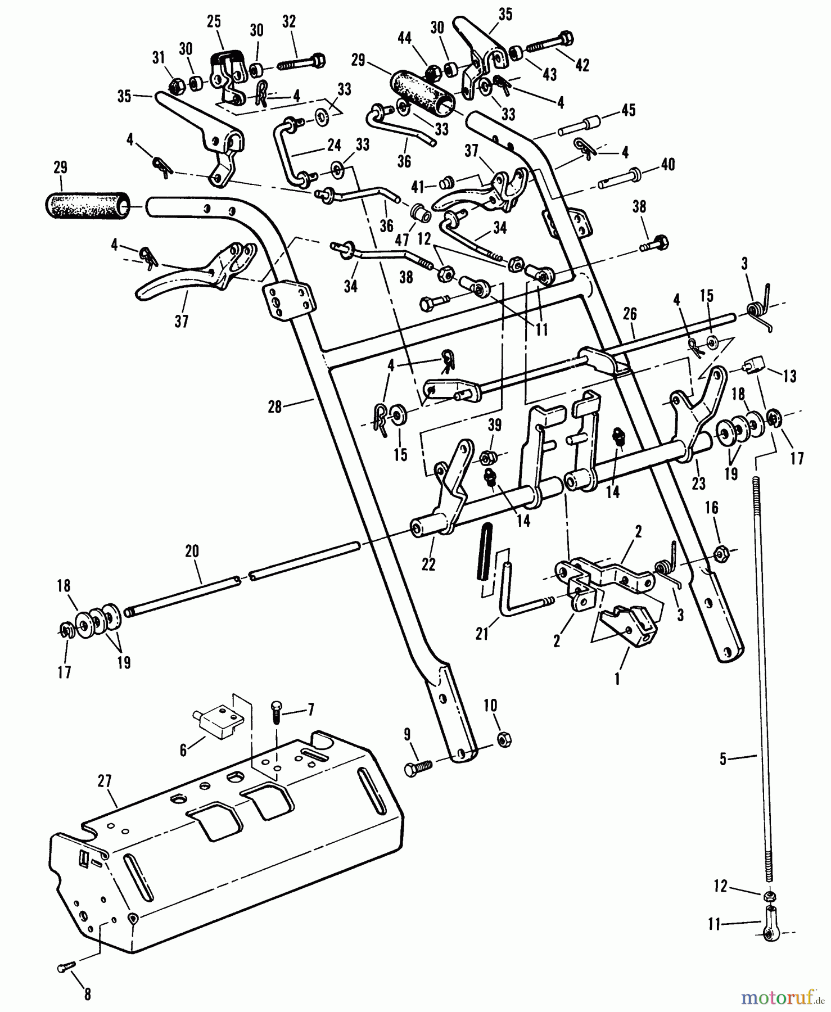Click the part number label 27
click(105, 781)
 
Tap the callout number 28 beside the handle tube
click(274, 406)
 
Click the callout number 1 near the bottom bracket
click(617, 679)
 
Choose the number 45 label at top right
click(628, 110)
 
